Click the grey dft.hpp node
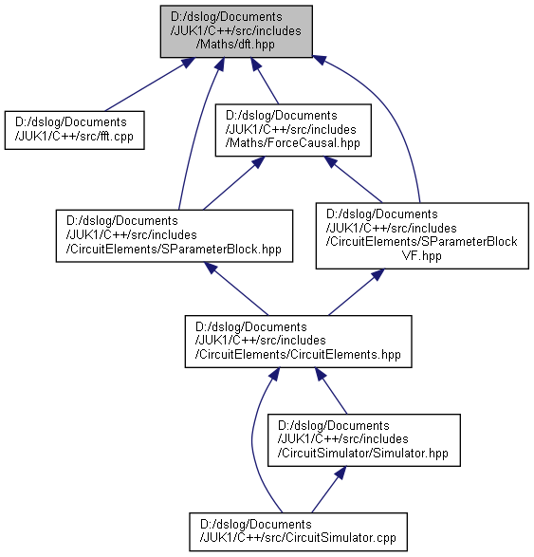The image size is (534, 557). tap(236, 31)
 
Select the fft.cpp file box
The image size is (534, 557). tap(75, 130)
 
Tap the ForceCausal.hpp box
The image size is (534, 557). tap(293, 130)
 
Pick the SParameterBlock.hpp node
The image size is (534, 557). tap(175, 236)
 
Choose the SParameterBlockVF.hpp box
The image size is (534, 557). tap(422, 236)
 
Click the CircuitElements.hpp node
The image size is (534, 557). tap(298, 342)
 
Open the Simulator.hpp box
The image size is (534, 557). tap(364, 440)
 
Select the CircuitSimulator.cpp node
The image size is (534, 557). tap(298, 531)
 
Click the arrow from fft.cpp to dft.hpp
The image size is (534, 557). tap(150, 84)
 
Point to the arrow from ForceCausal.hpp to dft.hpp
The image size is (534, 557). tap(265, 81)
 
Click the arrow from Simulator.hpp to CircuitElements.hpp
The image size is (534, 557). tap(331, 391)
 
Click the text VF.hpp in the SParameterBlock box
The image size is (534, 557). tap(422, 255)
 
